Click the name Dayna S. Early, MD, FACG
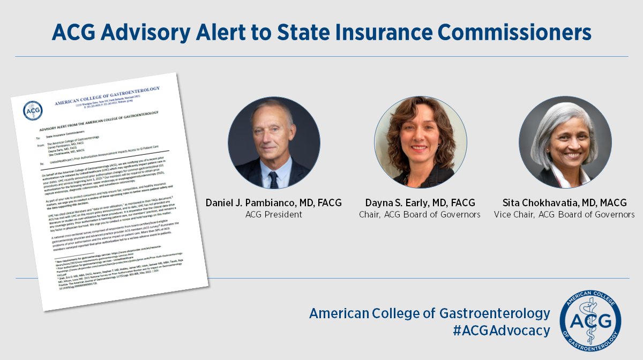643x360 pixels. click(x=420, y=203)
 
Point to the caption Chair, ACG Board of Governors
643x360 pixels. click(x=420, y=215)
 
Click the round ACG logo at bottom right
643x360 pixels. click(x=590, y=320)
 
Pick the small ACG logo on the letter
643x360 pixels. click(x=33, y=110)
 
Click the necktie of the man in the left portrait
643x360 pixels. click(x=274, y=179)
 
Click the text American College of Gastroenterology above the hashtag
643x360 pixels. click(x=429, y=313)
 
